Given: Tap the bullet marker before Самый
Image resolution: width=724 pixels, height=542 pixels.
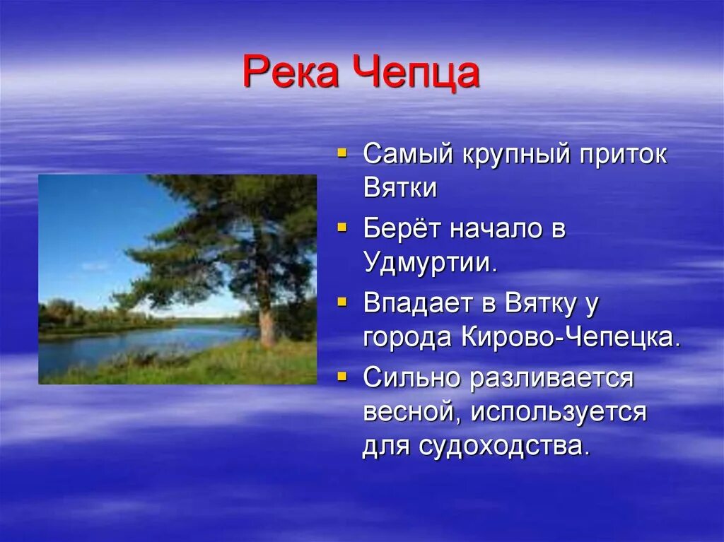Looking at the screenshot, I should coord(342,152).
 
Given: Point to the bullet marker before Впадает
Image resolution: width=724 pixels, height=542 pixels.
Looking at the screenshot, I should coord(342,302).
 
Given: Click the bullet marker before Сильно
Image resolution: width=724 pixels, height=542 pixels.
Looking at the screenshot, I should coord(342,377).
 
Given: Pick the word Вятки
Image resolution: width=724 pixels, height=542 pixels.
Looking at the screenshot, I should coord(400,189).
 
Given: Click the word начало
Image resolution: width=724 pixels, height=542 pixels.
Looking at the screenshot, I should coord(495,230).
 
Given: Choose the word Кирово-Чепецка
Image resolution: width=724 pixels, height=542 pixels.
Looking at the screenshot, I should coord(571,338).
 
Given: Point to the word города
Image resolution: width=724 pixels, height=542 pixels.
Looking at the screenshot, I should coord(408,339).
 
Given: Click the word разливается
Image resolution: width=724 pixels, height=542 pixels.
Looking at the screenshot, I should coord(551,379).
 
